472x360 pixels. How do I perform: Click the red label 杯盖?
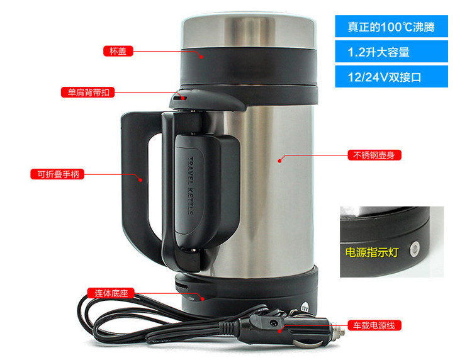click(x=118, y=51)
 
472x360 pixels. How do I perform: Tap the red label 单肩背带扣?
click(x=88, y=92)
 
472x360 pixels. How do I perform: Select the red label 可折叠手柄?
click(x=57, y=174)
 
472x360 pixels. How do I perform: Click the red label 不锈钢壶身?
click(x=374, y=155)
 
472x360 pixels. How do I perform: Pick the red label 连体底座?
click(x=111, y=293)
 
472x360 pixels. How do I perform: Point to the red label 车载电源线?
click(x=374, y=325)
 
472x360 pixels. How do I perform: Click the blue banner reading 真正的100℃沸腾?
click(x=391, y=26)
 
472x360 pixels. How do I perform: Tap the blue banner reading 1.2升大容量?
click(x=391, y=52)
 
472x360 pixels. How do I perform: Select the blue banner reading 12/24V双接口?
click(x=391, y=77)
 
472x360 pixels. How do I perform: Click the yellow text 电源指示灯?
click(x=372, y=252)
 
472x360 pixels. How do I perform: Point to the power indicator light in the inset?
click(x=415, y=249)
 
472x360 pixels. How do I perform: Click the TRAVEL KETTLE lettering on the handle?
click(x=191, y=186)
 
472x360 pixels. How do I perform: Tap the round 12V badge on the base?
click(x=305, y=308)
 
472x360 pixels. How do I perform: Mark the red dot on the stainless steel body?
click(x=279, y=160)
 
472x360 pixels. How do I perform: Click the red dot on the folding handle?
click(x=140, y=180)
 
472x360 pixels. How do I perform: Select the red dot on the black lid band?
click(x=201, y=57)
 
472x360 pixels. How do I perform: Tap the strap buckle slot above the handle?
click(x=180, y=98)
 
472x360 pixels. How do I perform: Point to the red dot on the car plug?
click(x=279, y=331)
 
